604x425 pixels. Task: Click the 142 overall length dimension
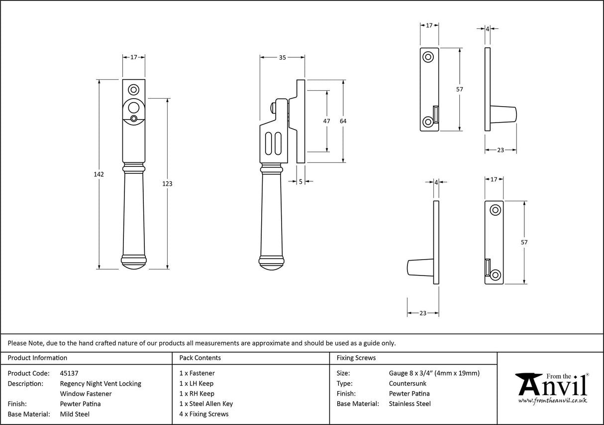pos(98,174)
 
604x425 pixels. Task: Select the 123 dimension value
pos(167,184)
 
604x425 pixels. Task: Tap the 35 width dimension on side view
pos(282,58)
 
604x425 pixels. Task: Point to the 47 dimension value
pos(327,121)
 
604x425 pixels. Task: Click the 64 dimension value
pos(343,121)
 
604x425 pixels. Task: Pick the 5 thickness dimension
pos(301,182)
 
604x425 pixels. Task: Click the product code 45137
pos(69,373)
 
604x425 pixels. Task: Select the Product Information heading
pos(37,358)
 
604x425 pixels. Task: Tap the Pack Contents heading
pos(200,358)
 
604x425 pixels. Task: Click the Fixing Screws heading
pos(356,358)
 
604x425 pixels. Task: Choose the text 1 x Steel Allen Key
pos(206,404)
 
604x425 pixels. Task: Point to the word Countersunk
pos(407,383)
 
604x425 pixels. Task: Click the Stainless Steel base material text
pos(410,404)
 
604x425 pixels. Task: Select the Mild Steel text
pos(74,414)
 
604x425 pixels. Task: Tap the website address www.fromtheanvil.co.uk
pos(553,401)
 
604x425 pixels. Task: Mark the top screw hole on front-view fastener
pos(133,90)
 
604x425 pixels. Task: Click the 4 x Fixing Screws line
pos(204,414)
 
